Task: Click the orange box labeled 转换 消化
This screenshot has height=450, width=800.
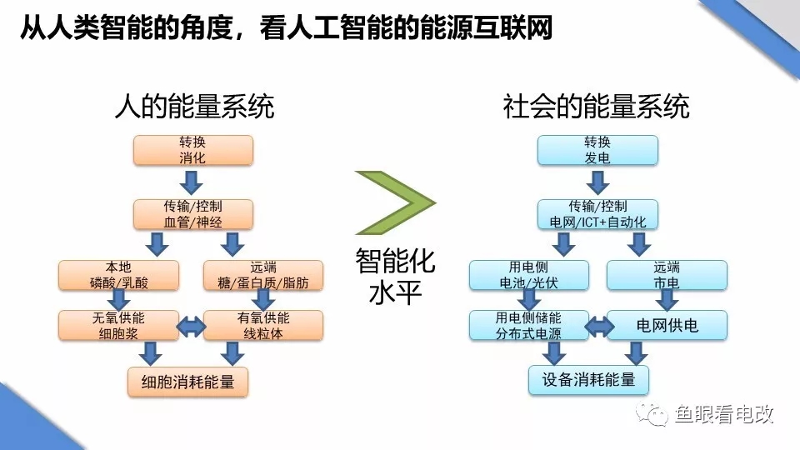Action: [192, 150]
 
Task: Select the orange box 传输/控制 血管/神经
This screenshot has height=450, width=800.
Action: [192, 213]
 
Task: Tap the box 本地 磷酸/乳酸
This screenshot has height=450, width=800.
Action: [119, 275]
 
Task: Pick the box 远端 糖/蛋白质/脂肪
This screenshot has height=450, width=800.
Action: [262, 275]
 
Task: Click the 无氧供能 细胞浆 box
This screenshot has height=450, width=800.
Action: [119, 326]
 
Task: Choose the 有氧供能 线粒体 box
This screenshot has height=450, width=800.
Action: [262, 326]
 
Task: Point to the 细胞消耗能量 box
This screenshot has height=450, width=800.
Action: [187, 382]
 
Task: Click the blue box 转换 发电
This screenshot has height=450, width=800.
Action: [597, 150]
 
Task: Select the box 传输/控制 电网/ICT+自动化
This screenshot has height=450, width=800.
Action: [597, 213]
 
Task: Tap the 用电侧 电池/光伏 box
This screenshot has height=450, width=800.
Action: [528, 275]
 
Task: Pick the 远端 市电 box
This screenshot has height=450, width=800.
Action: [667, 275]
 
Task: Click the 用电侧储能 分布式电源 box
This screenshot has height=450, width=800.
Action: [528, 326]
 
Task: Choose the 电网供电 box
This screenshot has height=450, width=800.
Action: [667, 325]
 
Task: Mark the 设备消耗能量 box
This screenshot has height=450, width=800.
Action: [589, 380]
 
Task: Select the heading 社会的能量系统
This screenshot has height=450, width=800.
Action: [597, 107]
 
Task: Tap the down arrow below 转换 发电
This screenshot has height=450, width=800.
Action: [597, 181]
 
